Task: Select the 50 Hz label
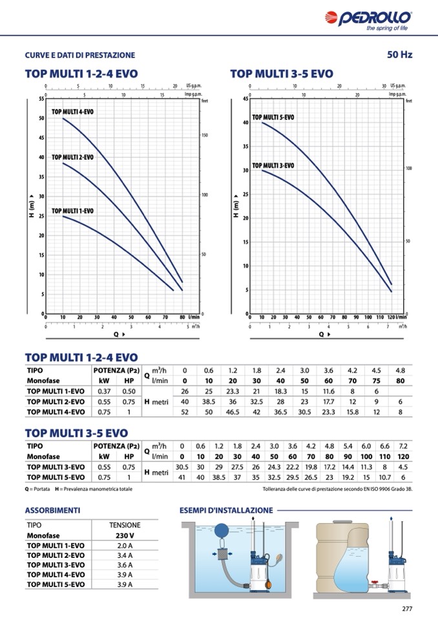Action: [399, 54]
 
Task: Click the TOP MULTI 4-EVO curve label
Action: [72, 112]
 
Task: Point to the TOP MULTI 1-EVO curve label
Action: [72, 211]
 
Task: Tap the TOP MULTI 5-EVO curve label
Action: [273, 117]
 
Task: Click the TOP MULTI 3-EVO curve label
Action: [273, 166]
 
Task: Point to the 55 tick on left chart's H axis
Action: [41, 99]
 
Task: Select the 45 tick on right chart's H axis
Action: [245, 99]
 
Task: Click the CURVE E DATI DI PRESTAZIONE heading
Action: [80, 55]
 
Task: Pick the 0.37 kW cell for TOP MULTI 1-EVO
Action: [104, 391]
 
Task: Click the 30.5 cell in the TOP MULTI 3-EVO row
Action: [182, 467]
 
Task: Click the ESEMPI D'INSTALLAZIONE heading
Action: [225, 510]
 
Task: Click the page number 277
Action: [406, 608]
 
